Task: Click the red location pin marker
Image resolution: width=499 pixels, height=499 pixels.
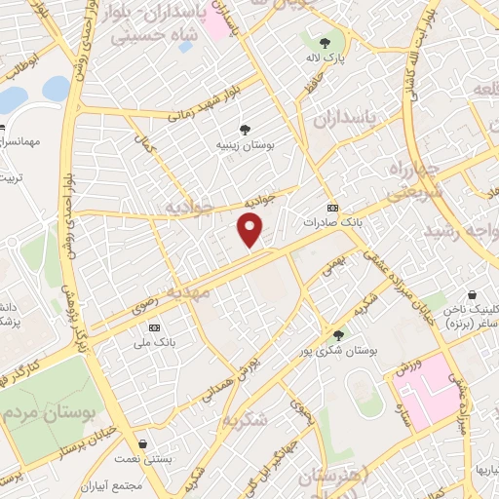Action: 250,230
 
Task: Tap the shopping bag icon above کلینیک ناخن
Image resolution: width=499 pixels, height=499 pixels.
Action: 472,294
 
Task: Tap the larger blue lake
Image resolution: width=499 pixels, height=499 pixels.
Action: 14,99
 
